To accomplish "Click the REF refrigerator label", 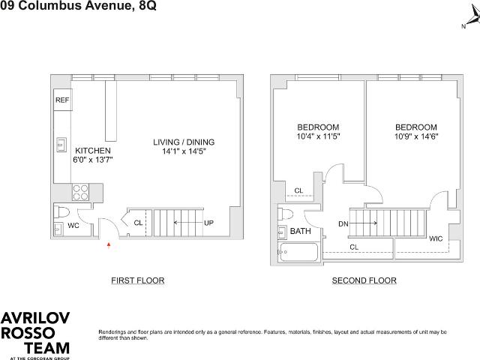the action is pos(62,100).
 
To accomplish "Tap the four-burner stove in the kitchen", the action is pos(81,192).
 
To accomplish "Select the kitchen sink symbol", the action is pos(61,145).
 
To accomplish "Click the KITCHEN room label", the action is pos(93,151).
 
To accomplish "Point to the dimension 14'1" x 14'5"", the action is pos(184,151).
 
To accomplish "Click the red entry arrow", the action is pos(108,245).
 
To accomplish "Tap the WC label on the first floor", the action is pos(73,226).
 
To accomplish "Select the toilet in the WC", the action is pos(61,211).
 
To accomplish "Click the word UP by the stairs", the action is pos(208,223).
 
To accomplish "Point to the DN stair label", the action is pos(343,224).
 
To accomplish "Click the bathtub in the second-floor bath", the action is pos(298,252).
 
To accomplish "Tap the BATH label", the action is pos(300,231).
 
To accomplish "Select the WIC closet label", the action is pos(436,238).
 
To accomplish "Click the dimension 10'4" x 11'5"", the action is pos(318,136).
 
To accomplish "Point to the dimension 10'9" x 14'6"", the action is pos(416,136).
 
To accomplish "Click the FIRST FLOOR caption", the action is pos(138,280).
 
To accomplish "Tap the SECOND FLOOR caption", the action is pos(364,280).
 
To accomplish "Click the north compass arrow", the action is pos(473,18).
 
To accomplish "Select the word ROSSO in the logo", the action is pos(28,333).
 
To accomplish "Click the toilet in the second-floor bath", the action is pos(285,213).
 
